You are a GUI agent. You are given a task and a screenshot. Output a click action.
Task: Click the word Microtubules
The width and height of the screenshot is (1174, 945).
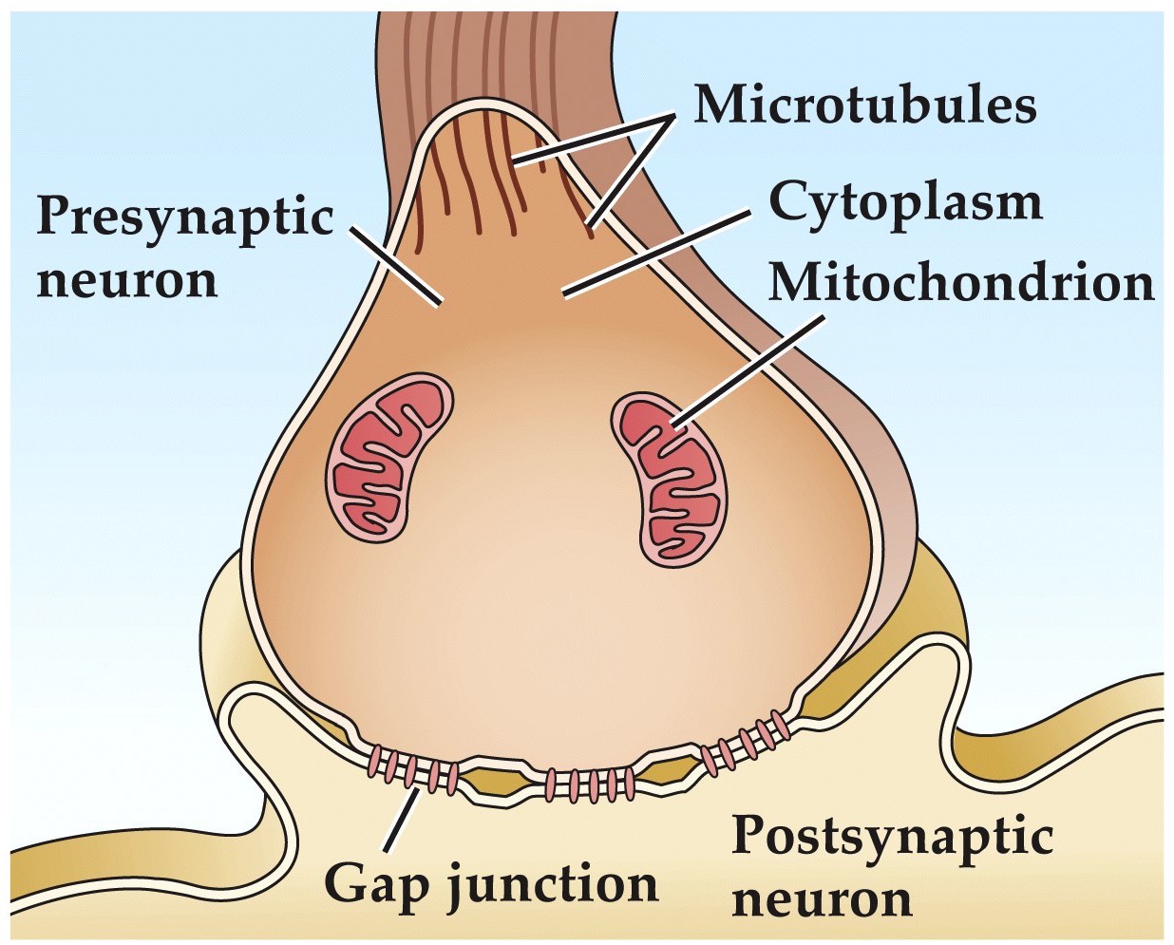[x=865, y=104]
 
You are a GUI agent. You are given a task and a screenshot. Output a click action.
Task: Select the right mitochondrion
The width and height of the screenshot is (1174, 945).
[x=670, y=481]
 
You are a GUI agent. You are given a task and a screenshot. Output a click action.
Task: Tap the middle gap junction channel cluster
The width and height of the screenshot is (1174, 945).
[x=589, y=784]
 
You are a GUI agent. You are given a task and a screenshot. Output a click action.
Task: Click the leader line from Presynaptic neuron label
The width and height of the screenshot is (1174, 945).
[x=394, y=266]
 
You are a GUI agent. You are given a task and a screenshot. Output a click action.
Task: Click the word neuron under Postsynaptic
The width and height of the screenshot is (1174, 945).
[x=823, y=898]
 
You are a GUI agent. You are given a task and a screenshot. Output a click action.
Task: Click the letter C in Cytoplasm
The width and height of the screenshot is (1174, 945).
[x=786, y=200]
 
